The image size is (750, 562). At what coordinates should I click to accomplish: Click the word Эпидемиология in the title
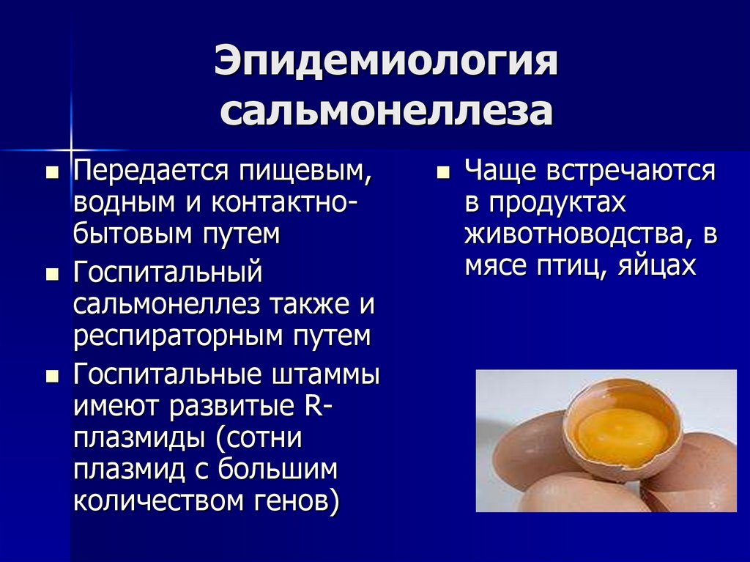pyautogui.click(x=386, y=64)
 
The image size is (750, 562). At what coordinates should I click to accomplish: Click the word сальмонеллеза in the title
pyautogui.click(x=386, y=112)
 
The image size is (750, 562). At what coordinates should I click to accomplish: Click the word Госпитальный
pyautogui.click(x=167, y=275)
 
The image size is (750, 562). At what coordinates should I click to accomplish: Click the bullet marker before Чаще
pyautogui.click(x=442, y=174)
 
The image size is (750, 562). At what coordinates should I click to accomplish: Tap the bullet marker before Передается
pyautogui.click(x=52, y=174)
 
